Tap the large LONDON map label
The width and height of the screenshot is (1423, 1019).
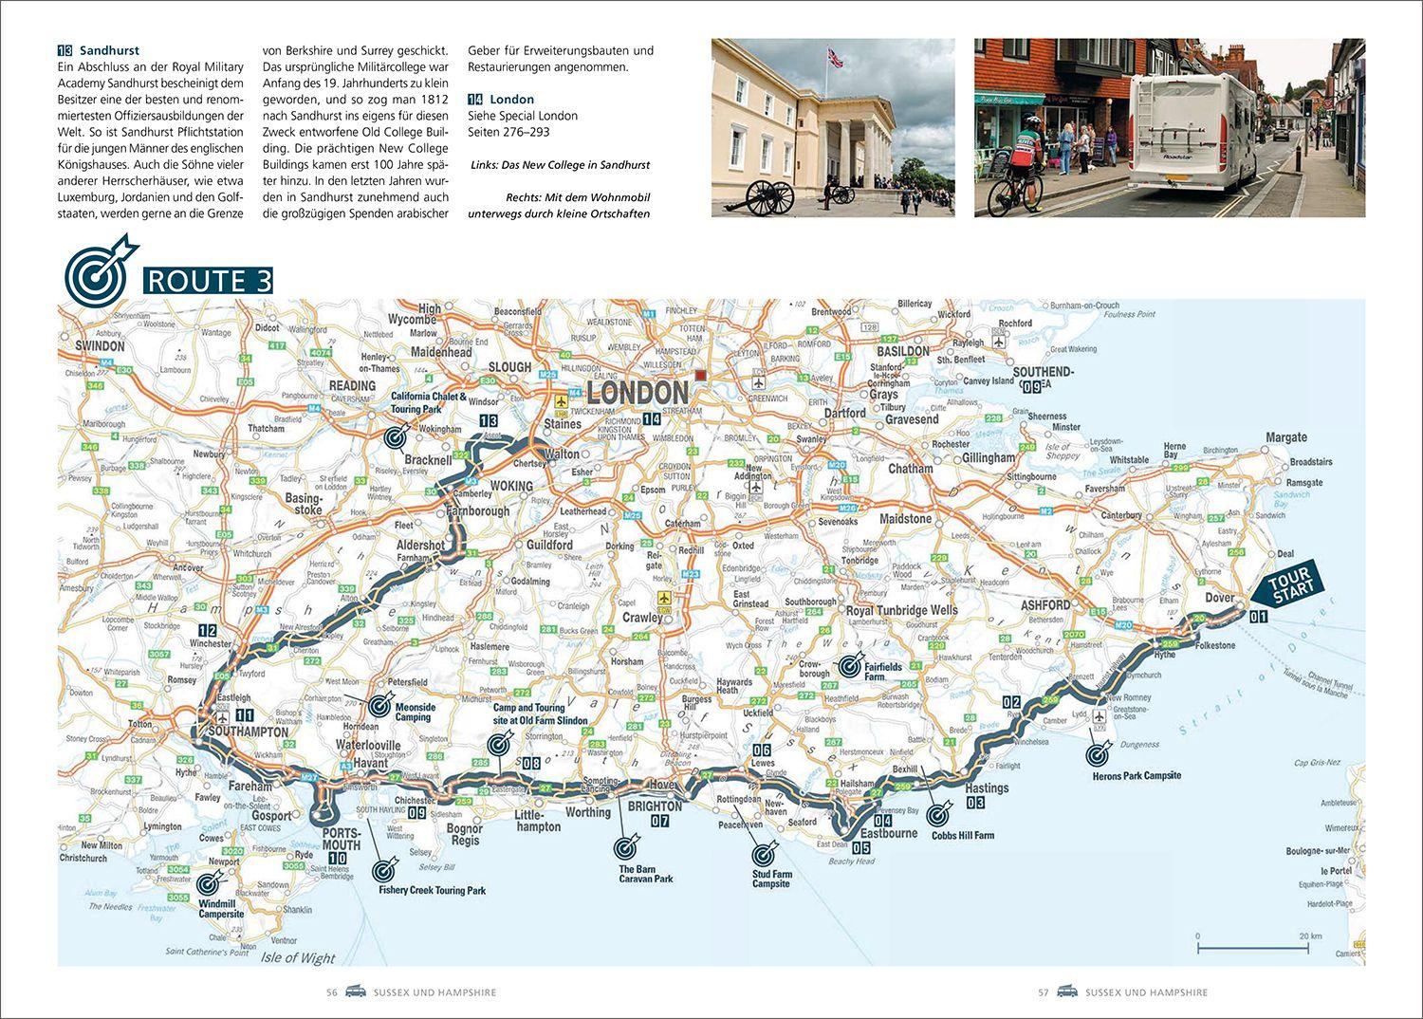coord(637,393)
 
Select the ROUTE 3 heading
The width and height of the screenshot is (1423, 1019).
coord(207,281)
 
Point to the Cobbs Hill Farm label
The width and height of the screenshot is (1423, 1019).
coord(962,836)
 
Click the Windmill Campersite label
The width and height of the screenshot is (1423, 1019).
coord(221,909)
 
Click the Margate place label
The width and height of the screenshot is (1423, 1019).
coord(1285,437)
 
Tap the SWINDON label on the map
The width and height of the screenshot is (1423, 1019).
coord(100,345)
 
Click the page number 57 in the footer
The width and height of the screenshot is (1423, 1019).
coord(1043,992)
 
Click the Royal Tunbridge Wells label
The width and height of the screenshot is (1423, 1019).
coord(901,610)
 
